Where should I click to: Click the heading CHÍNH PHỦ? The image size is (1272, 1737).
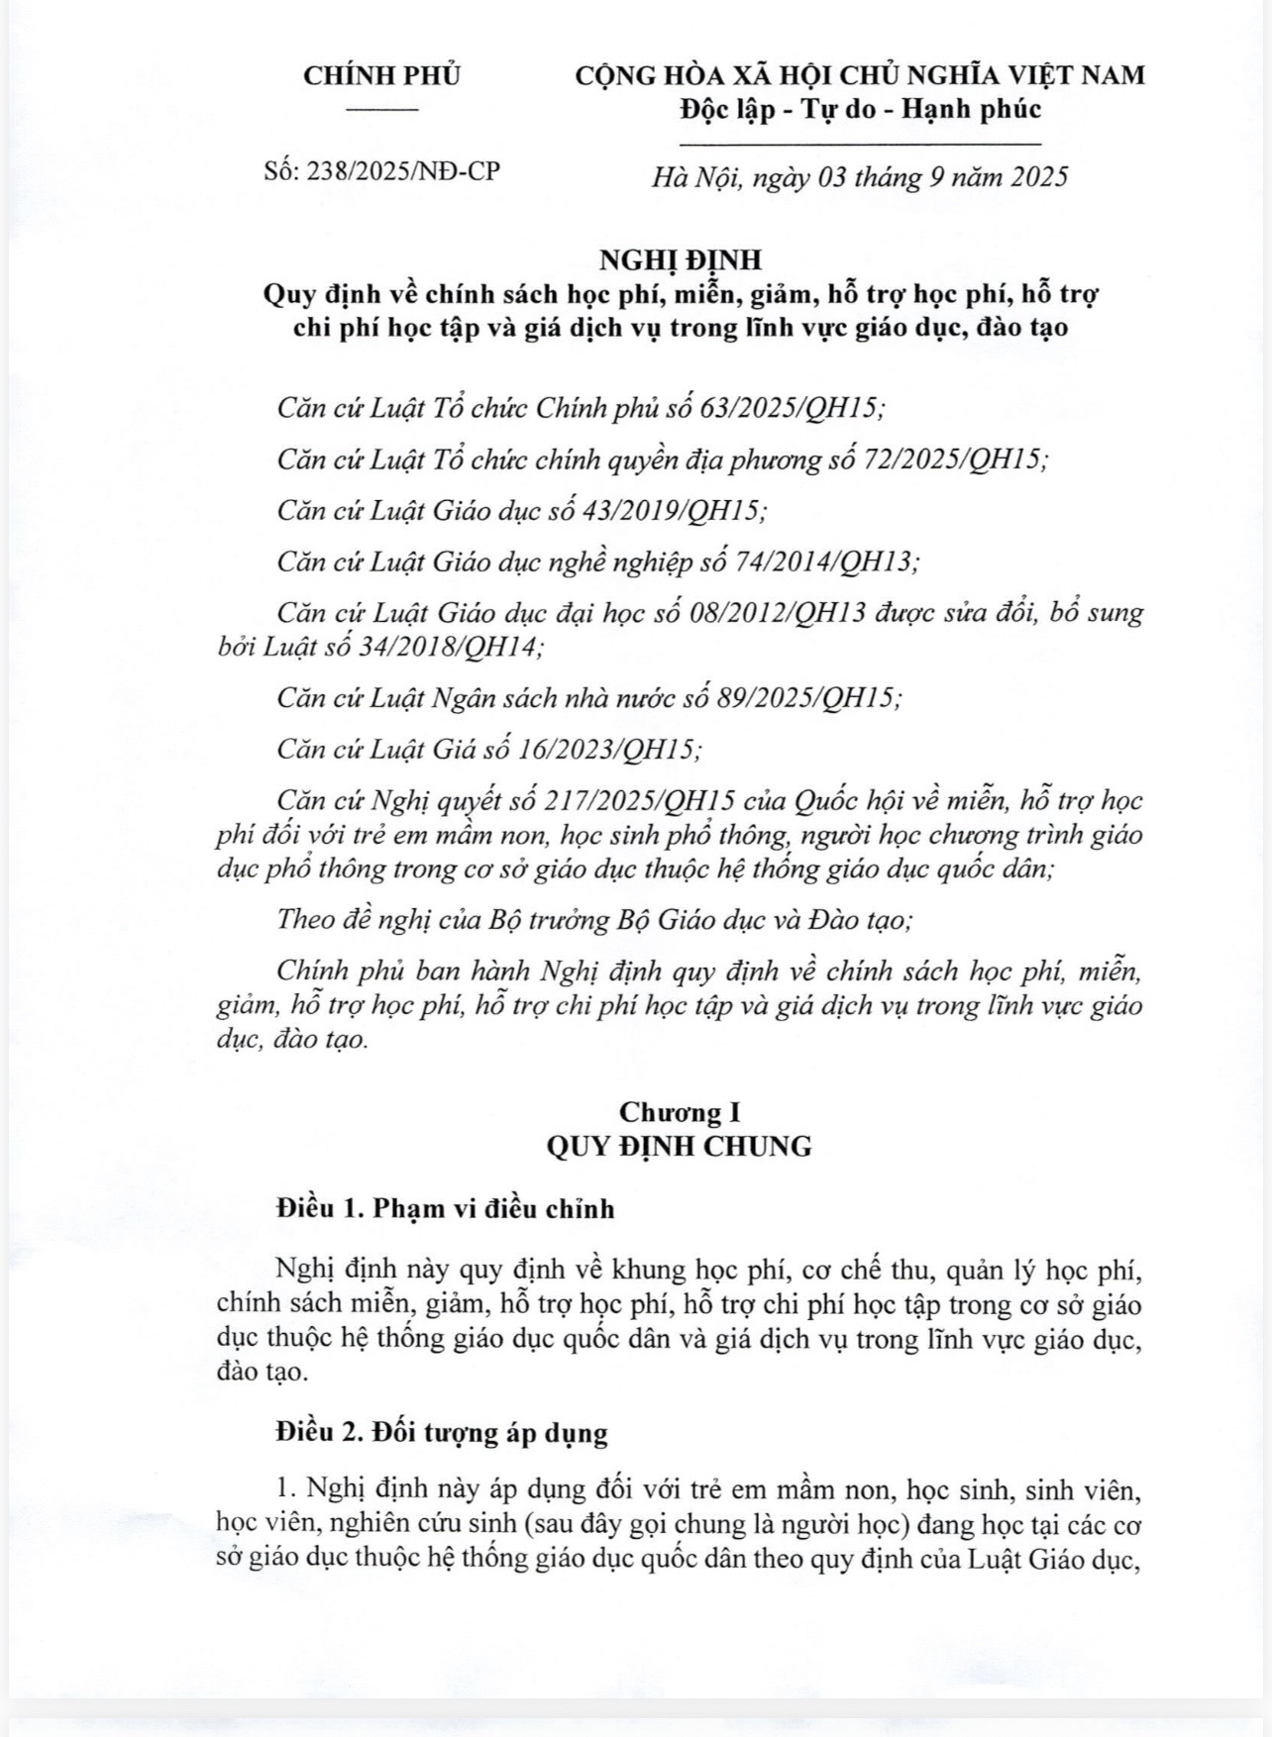[x=381, y=76]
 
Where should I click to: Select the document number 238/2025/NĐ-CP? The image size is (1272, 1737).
[x=403, y=171]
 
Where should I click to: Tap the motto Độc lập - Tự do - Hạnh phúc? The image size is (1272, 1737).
[x=860, y=109]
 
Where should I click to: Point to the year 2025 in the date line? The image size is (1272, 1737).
[x=1035, y=177]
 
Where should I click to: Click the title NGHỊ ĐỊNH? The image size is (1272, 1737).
[x=681, y=259]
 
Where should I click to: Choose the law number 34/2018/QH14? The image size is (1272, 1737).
[x=447, y=648]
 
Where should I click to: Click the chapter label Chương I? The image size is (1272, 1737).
[x=680, y=1112]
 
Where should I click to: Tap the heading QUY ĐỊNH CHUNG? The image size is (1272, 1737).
[x=680, y=1147]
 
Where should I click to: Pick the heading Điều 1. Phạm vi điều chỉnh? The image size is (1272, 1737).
[x=446, y=1209]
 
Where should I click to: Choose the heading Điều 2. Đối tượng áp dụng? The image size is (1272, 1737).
[x=442, y=1433]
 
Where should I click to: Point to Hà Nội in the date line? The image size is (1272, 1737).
[x=696, y=177]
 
